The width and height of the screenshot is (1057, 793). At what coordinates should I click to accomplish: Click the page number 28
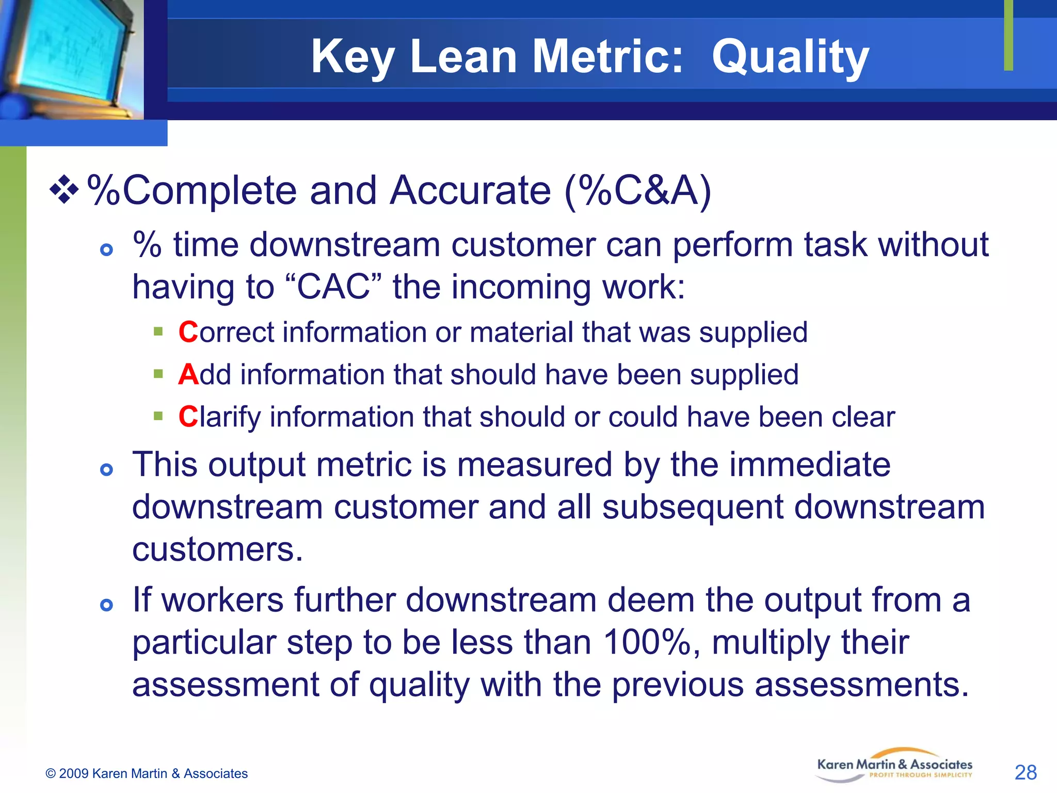point(1025,772)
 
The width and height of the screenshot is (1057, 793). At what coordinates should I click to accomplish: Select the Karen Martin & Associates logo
point(894,765)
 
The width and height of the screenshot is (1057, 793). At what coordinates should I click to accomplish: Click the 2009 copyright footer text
point(147,773)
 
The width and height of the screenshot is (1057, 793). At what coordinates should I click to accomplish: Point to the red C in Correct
point(188,332)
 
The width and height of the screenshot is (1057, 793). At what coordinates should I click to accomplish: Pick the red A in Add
point(188,374)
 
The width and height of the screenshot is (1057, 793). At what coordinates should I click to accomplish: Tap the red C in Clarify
point(188,417)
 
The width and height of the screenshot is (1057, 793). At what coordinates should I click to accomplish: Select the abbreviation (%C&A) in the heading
point(638,191)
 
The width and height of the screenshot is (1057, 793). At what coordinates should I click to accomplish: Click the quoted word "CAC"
point(333,287)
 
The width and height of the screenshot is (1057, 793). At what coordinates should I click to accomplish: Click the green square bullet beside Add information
point(158,373)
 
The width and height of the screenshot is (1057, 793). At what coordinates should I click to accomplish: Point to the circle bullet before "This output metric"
point(107,469)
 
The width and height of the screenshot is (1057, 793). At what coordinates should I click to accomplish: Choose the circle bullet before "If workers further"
point(107,605)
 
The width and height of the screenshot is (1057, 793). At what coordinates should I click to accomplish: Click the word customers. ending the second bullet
point(217,549)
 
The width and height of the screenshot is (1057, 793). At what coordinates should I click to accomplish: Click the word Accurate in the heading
point(470,191)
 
